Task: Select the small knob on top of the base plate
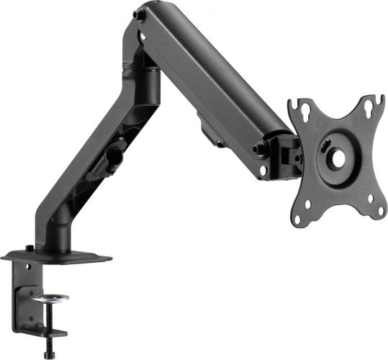pos(29,248)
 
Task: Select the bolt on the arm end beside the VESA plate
pos(257,150)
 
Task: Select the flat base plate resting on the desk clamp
pos(58,256)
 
